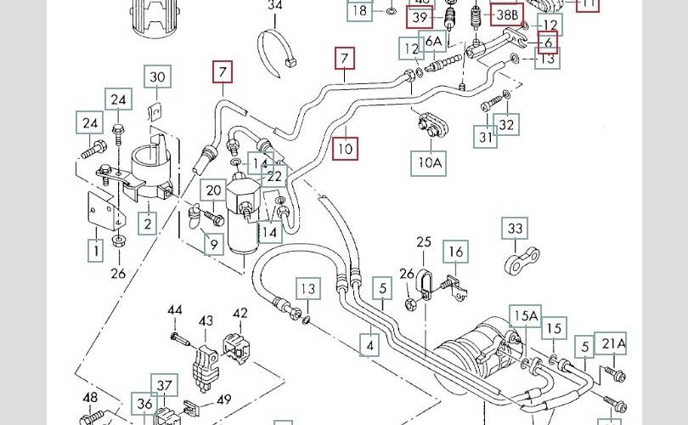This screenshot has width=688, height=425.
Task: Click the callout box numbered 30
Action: click(x=157, y=77)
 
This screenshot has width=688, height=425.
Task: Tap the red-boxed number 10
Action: click(x=346, y=149)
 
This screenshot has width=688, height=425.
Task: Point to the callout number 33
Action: click(x=516, y=229)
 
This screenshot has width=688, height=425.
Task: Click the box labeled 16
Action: click(x=456, y=252)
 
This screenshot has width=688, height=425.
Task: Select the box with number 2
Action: click(x=148, y=224)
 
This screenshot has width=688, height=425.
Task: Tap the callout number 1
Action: click(x=96, y=250)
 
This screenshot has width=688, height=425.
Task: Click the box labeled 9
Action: click(x=214, y=246)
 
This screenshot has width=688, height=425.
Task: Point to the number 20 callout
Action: click(x=214, y=192)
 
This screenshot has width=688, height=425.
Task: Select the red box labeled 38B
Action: click(x=507, y=14)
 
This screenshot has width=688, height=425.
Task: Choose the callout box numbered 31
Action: click(x=485, y=136)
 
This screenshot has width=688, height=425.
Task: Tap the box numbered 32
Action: click(x=507, y=126)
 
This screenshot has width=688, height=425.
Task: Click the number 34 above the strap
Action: click(x=274, y=6)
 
